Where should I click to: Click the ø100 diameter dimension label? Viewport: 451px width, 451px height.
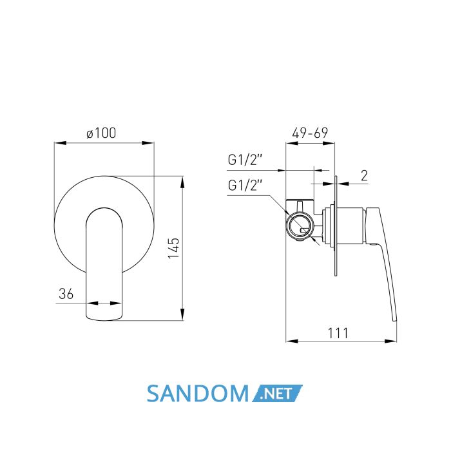(101, 133)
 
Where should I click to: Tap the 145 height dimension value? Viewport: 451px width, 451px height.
(174, 248)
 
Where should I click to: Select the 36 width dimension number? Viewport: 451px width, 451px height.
(66, 294)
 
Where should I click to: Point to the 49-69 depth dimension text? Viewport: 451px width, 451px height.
(310, 133)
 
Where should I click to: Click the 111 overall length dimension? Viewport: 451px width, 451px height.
(338, 333)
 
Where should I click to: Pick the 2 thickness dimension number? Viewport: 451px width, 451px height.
(364, 175)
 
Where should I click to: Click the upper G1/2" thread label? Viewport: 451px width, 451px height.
(245, 160)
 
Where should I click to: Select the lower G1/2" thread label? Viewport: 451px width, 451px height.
(245, 185)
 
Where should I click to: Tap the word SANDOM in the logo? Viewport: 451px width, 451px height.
(198, 394)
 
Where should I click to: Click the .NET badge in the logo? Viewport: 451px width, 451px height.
(277, 393)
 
